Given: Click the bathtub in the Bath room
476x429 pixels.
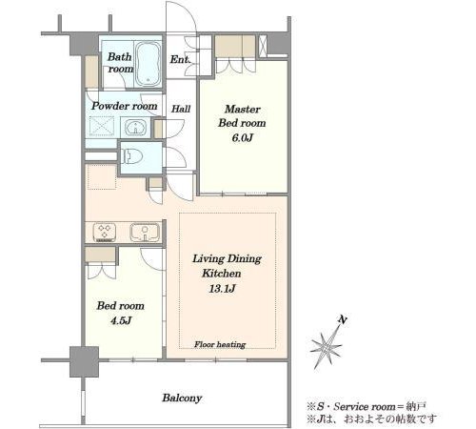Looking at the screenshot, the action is pyautogui.click(x=149, y=64).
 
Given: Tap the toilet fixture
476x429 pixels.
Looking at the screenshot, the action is pyautogui.click(x=132, y=155).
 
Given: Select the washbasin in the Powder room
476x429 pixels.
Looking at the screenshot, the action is pyautogui.click(x=135, y=127).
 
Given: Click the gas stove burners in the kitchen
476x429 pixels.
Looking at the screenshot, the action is pyautogui.click(x=104, y=233).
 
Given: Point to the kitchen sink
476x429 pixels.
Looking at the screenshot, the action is pyautogui.click(x=145, y=233).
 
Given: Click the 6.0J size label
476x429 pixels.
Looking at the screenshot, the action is pyautogui.click(x=243, y=138).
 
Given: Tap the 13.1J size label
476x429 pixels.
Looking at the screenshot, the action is pyautogui.click(x=222, y=289).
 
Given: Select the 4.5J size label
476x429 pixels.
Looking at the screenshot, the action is pyautogui.click(x=121, y=320).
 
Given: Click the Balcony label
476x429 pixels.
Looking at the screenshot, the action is pyautogui.click(x=182, y=398).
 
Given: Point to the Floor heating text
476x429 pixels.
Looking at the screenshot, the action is pyautogui.click(x=220, y=344).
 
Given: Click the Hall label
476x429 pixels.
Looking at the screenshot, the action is pyautogui.click(x=181, y=109).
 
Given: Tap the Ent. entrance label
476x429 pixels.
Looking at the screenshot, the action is pyautogui.click(x=180, y=59).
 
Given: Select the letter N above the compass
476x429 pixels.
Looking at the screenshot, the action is pyautogui.click(x=342, y=319).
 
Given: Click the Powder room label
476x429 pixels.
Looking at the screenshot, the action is pyautogui.click(x=125, y=106).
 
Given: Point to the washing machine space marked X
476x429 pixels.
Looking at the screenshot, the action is pyautogui.click(x=102, y=126).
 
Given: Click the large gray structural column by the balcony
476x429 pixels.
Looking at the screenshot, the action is pyautogui.click(x=84, y=361).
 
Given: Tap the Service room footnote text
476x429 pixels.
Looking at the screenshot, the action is pyautogui.click(x=367, y=406).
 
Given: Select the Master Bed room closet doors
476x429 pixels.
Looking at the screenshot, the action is pyautogui.click(x=235, y=66).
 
